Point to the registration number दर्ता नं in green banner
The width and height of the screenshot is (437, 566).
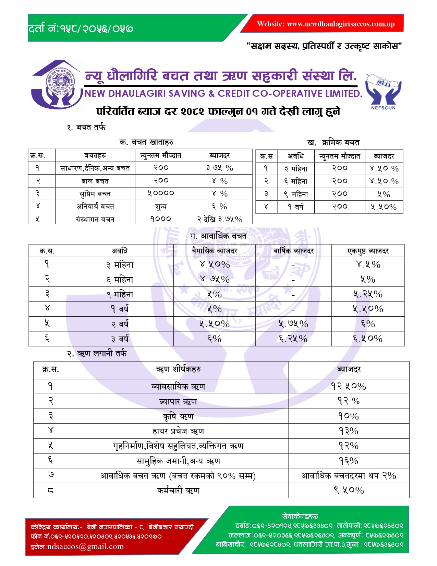pos(81,28)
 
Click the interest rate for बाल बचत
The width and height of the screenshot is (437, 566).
pos(219,181)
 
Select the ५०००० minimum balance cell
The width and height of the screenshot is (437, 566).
pos(161,193)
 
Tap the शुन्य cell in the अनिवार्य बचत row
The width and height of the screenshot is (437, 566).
pos(161,207)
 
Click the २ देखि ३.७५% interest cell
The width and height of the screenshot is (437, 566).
pos(219,219)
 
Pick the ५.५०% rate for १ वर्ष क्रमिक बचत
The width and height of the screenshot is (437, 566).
pos(384,207)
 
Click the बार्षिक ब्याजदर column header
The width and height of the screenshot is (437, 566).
pos(293,251)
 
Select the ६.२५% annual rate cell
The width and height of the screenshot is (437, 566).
pos(293,339)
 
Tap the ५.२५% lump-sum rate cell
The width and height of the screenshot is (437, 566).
pos(368,294)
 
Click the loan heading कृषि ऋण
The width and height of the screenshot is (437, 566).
pos(178,416)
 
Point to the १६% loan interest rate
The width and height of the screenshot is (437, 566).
pos(349,461)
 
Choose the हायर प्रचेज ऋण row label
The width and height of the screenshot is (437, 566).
pos(178,431)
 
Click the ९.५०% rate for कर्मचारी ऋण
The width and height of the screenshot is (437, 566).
pos(349,491)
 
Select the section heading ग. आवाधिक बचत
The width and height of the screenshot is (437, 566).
pos(218,236)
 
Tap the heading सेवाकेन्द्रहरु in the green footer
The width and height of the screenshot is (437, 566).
pos(300,516)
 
